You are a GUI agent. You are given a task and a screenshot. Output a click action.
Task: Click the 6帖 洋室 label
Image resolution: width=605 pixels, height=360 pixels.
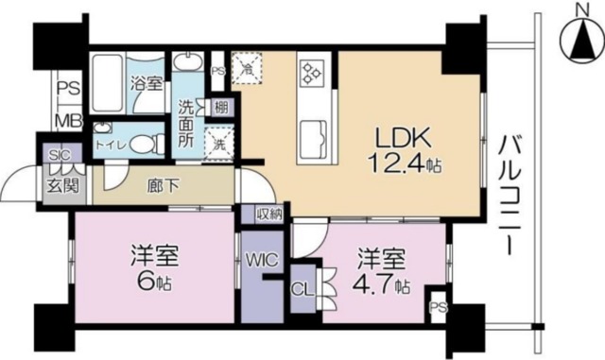point(153,267)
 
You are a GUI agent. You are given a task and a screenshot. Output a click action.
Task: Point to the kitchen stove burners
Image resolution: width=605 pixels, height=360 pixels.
point(312,71)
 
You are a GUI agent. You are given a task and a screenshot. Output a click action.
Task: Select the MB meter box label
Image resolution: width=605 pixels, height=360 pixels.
point(67,121)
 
